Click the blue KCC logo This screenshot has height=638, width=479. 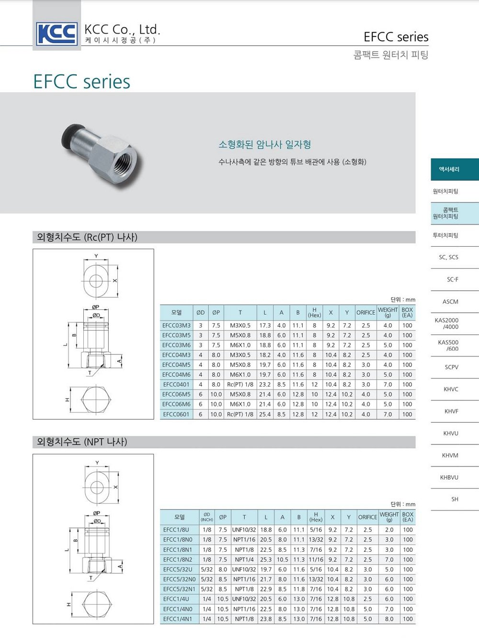click(x=57, y=34)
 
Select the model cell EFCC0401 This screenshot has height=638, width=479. click(x=176, y=384)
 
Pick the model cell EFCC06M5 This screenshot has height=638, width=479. click(x=176, y=394)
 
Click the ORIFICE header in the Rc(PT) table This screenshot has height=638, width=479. click(x=365, y=312)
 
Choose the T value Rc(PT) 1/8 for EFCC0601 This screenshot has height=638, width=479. click(x=240, y=414)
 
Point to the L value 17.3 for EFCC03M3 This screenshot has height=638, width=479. click(x=265, y=325)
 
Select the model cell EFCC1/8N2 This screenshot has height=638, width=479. click(x=178, y=559)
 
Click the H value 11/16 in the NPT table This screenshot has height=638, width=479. click(x=316, y=559)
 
